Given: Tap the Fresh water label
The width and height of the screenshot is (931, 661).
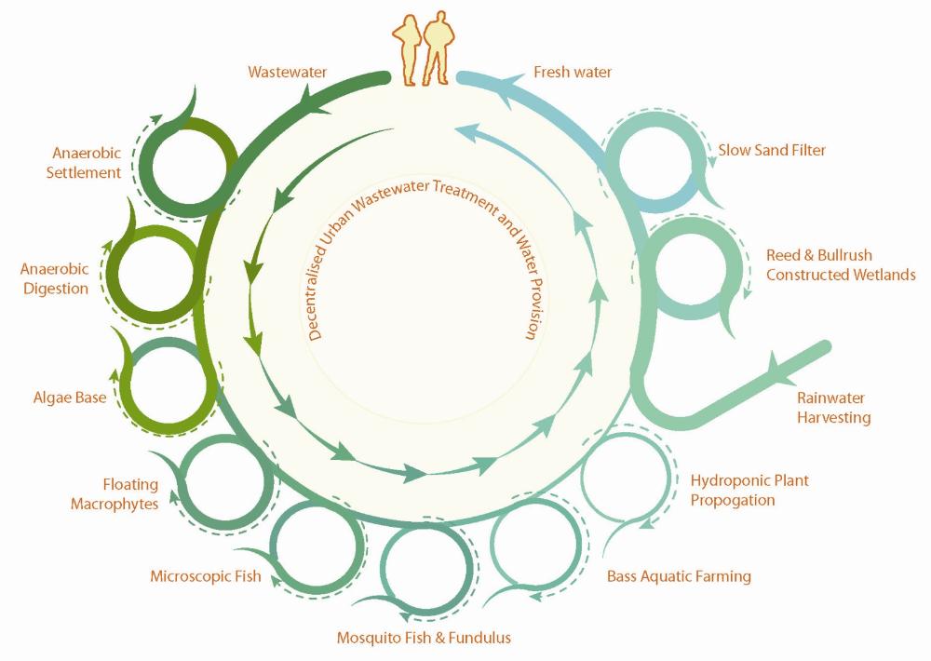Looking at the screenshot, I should click(x=573, y=72).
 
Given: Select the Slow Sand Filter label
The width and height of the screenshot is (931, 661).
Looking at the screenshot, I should click(x=772, y=150).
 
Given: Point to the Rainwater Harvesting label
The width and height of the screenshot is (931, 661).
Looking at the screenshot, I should click(x=833, y=408).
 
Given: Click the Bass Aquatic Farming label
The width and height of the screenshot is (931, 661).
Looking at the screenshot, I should click(x=679, y=576).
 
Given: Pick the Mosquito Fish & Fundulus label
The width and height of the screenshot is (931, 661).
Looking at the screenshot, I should click(x=424, y=638).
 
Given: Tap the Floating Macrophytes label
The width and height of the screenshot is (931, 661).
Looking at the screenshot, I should click(x=130, y=494).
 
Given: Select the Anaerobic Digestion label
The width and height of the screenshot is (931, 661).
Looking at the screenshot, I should click(x=55, y=278).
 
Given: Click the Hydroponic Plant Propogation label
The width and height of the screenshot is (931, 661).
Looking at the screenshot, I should click(x=749, y=490).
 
